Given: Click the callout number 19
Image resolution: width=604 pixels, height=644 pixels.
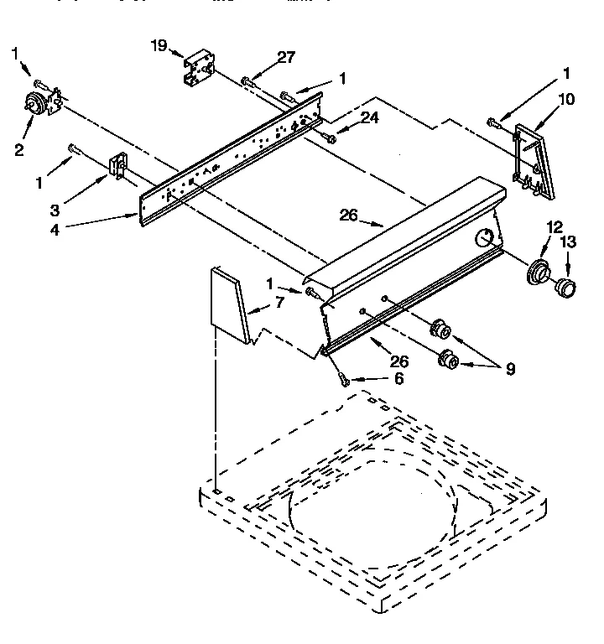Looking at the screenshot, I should pyautogui.click(x=159, y=45).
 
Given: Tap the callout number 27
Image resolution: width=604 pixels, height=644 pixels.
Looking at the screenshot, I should pyautogui.click(x=286, y=58).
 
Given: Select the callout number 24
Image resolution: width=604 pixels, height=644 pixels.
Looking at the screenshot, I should pyautogui.click(x=369, y=118).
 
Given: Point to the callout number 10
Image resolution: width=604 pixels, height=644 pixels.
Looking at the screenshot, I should pyautogui.click(x=566, y=99).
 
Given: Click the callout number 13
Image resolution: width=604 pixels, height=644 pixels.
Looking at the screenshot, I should pyautogui.click(x=569, y=242).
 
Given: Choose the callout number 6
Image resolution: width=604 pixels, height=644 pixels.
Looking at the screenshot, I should pyautogui.click(x=398, y=378).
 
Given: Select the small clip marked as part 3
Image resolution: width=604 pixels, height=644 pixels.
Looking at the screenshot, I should pyautogui.click(x=118, y=165).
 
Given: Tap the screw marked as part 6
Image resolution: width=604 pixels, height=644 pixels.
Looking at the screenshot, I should pyautogui.click(x=343, y=378).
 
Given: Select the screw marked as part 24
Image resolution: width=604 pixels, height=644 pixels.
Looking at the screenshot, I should pyautogui.click(x=330, y=138).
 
